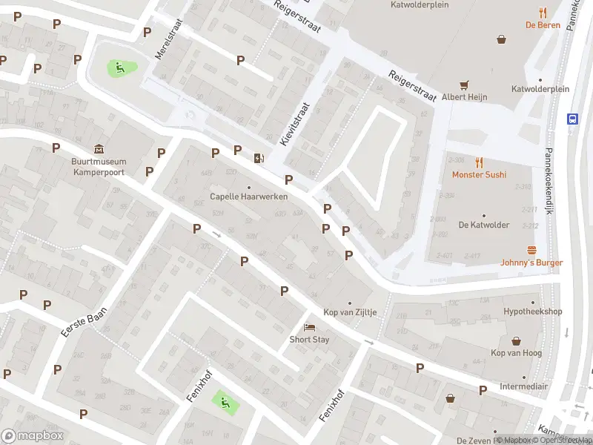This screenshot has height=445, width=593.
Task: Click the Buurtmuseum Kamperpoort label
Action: (x=99, y=166)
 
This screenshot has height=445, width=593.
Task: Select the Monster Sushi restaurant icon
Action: (x=480, y=162)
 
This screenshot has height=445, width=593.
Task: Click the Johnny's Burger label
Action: (x=531, y=263)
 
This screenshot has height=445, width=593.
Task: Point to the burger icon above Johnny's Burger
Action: (x=531, y=250)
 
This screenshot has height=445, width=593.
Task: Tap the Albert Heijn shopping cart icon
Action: (x=465, y=85)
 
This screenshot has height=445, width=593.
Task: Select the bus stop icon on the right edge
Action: (x=572, y=119)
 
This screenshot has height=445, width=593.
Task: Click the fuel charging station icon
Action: (x=258, y=157)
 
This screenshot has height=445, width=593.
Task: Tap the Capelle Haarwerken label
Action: (x=248, y=197)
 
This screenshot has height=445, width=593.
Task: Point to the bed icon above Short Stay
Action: (x=309, y=327)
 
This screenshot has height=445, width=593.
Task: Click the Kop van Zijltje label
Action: (x=350, y=312)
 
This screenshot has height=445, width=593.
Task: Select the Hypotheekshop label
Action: (x=532, y=312)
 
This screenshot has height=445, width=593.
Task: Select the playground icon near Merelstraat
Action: (x=119, y=68)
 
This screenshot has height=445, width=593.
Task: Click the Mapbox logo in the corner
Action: (x=32, y=436)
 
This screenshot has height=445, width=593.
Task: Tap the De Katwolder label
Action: (x=483, y=224)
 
